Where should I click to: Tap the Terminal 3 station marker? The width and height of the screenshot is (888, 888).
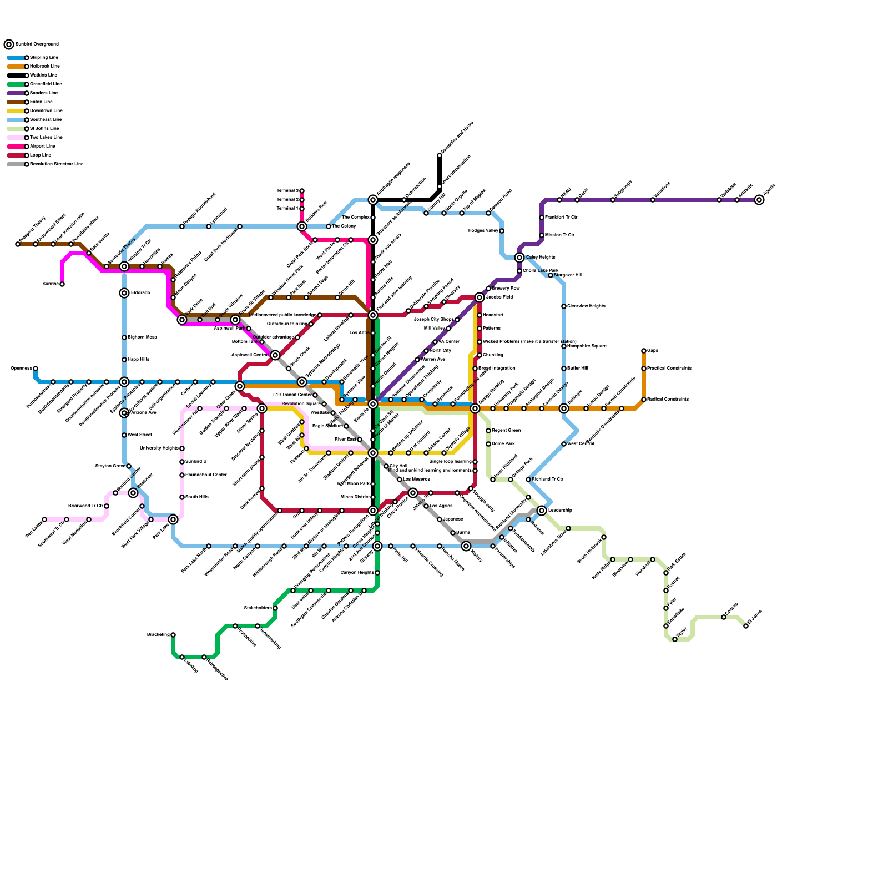(302, 191)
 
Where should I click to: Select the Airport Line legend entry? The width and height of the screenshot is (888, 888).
(42, 147)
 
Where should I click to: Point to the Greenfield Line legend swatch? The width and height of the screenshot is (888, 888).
(16, 84)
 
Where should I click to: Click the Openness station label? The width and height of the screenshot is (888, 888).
(21, 369)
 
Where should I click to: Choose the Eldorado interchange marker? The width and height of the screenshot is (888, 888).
(124, 293)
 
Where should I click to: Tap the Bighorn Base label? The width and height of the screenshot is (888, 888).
(142, 337)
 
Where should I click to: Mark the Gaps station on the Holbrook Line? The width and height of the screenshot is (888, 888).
(644, 351)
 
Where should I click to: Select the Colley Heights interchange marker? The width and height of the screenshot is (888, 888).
(519, 258)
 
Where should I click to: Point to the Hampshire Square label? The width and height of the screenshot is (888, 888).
(587, 346)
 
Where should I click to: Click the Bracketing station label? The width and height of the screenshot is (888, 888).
(158, 635)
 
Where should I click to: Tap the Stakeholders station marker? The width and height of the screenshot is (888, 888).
(275, 608)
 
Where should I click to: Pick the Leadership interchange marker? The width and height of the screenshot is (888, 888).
(542, 511)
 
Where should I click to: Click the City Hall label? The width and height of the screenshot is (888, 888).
(398, 466)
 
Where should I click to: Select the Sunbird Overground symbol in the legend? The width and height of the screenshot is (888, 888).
(9, 44)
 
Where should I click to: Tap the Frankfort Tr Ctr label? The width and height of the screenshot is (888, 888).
(561, 218)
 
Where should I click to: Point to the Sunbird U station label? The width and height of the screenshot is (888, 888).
(196, 462)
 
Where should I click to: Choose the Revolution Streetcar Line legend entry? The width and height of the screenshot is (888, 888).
(56, 164)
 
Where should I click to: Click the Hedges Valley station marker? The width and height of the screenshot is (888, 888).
(502, 231)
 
